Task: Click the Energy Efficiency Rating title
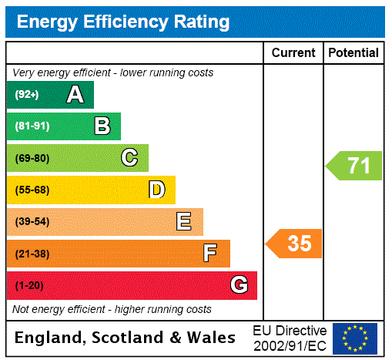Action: click(123, 22)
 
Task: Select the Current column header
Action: click(293, 52)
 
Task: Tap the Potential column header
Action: click(353, 52)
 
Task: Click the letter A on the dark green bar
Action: click(75, 95)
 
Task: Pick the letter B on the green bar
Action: click(102, 126)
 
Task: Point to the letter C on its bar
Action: click(129, 158)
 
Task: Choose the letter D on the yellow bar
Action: click(156, 190)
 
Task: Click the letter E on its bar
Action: click(184, 222)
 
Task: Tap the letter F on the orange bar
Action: click(210, 254)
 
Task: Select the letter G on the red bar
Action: click(239, 285)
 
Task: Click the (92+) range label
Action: click(27, 96)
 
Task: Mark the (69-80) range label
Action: click(32, 159)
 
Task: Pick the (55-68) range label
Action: click(32, 190)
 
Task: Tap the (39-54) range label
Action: click(32, 222)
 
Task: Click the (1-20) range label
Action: click(29, 286)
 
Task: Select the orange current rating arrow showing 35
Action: click(295, 244)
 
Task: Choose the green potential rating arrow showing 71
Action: click(354, 166)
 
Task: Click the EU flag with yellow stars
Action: click(355, 338)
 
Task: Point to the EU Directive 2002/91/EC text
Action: click(290, 338)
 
